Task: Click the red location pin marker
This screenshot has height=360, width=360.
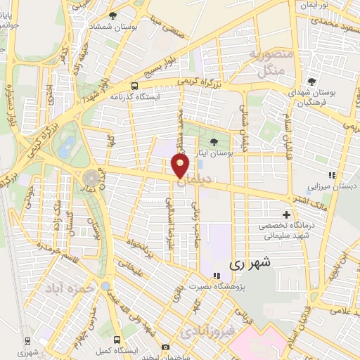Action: click(180, 165)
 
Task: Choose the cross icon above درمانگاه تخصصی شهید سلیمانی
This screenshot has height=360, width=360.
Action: click(286, 214)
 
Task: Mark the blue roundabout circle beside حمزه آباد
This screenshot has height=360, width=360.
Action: click(105, 286)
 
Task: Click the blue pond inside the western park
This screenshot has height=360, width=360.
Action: click(67, 146)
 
